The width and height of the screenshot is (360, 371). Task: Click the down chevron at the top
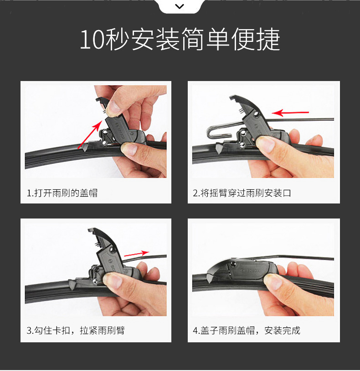pyautogui.click(x=180, y=6)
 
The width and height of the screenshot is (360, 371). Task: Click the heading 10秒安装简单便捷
pyautogui.click(x=180, y=39)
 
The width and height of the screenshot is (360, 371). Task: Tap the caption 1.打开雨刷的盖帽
pyautogui.click(x=62, y=193)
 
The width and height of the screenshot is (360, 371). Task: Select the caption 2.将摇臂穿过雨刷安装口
pyautogui.click(x=242, y=193)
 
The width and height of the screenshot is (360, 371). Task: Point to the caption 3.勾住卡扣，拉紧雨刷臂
pyautogui.click(x=76, y=330)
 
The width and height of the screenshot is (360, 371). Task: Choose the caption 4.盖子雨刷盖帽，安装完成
pyautogui.click(x=247, y=330)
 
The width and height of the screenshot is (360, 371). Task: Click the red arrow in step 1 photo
pyautogui.click(x=90, y=134)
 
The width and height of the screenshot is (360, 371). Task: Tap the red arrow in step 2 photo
pyautogui.click(x=290, y=112)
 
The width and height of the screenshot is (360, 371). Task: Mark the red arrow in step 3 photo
pyautogui.click(x=137, y=254)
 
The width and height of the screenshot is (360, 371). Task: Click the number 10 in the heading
pyautogui.click(x=92, y=40)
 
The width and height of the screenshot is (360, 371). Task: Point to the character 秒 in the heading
pyautogui.click(x=118, y=39)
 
